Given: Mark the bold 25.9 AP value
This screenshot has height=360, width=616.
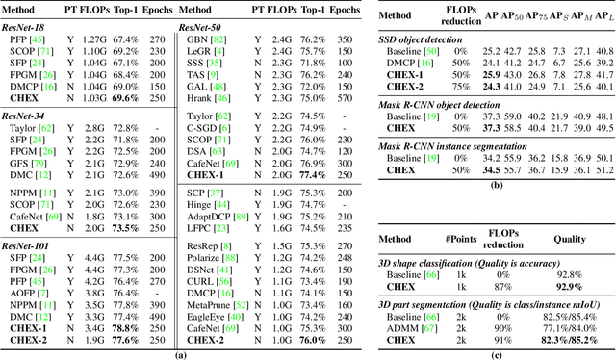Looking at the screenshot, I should (x=521, y=73).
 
